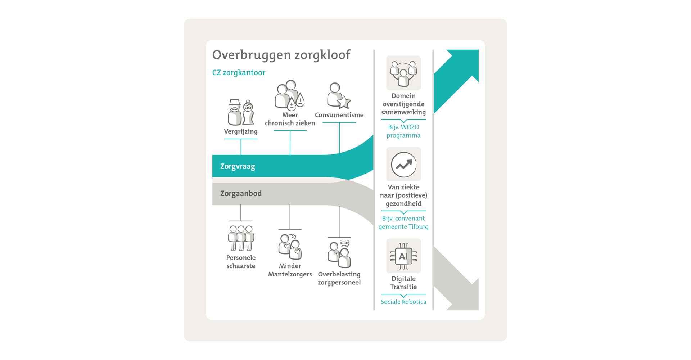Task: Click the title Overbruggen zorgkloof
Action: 281,55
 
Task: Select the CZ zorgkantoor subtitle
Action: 239,72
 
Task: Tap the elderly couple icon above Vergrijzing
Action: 241,112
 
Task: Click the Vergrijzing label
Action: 241,131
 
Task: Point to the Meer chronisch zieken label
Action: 290,119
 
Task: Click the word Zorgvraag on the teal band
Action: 238,167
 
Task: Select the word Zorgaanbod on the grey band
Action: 241,193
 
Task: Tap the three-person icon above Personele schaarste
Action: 241,238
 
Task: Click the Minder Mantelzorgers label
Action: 290,270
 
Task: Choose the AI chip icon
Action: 403,256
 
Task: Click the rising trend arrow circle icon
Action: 403,165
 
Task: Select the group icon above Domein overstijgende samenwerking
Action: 403,73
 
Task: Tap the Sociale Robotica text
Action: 403,302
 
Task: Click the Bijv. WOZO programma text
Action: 403,131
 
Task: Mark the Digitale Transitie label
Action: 403,283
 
